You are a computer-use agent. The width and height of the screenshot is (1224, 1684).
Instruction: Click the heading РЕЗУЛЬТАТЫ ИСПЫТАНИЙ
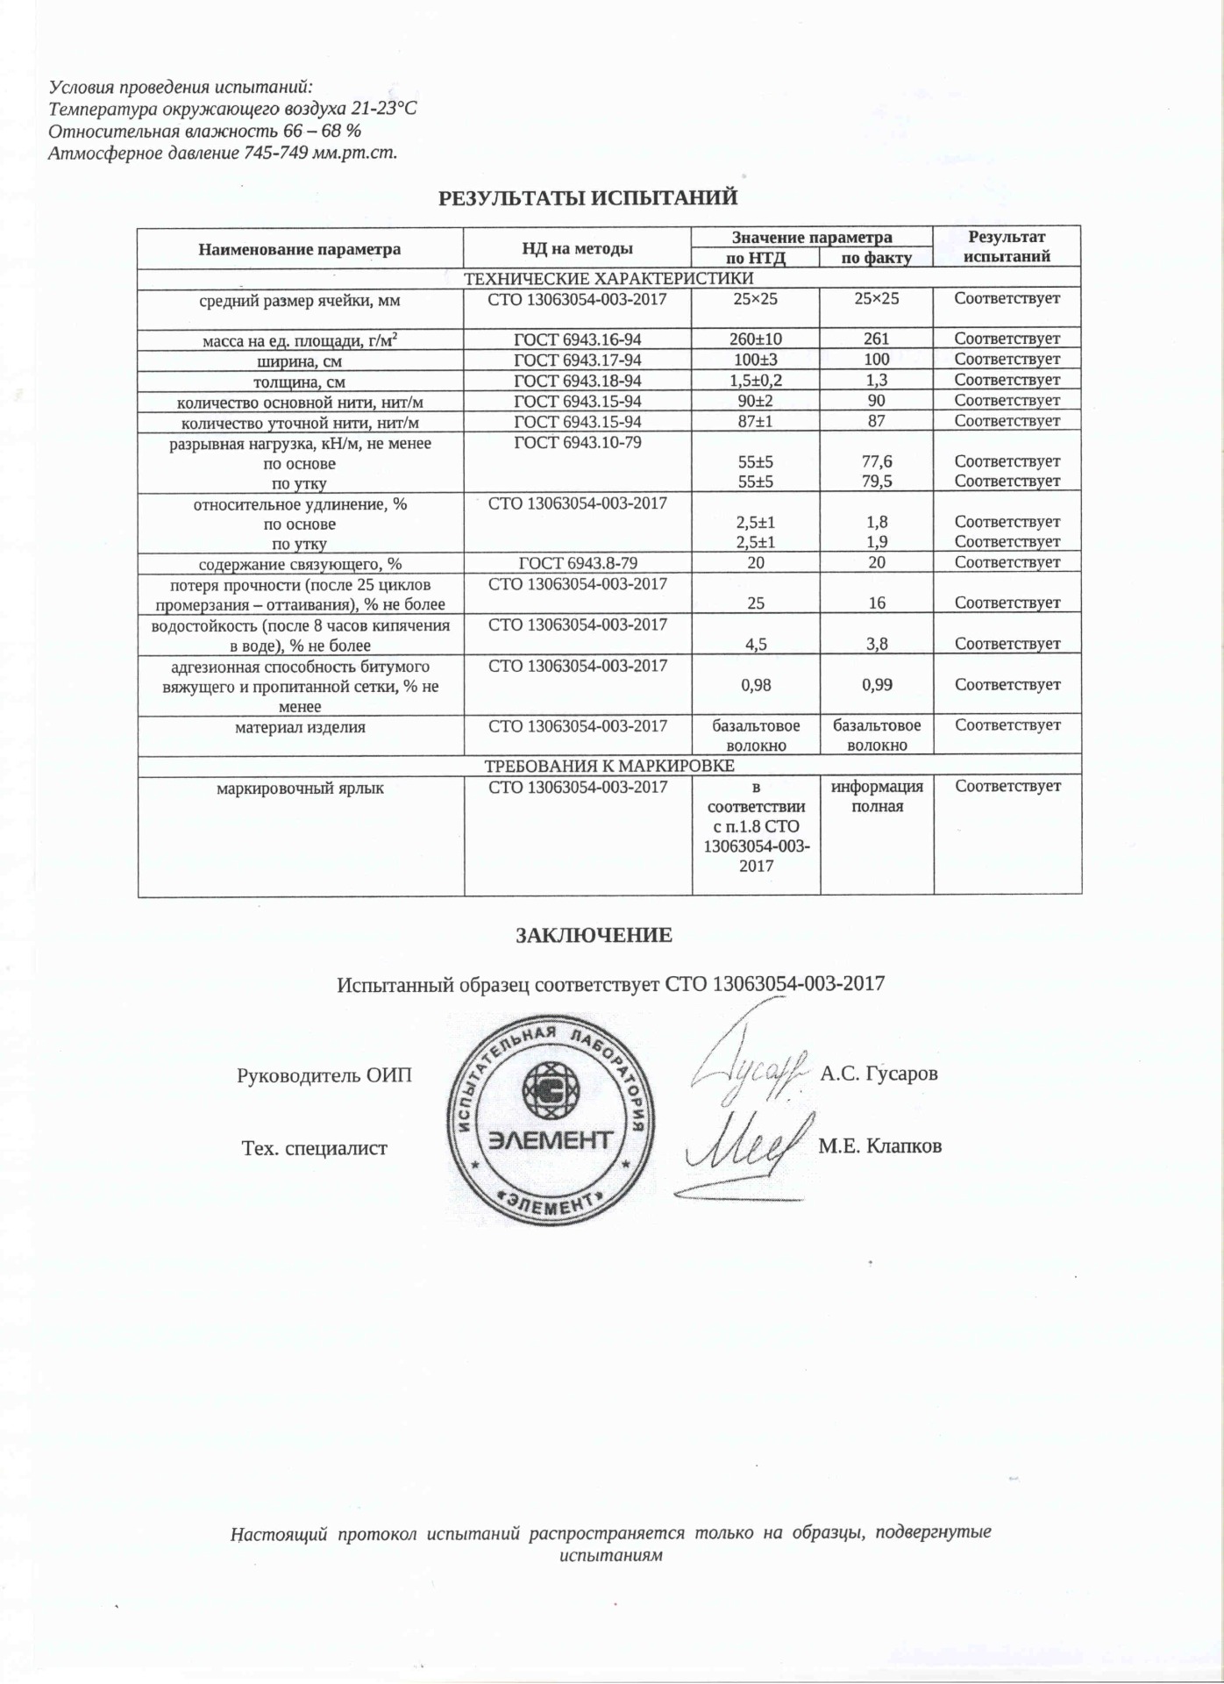click(587, 198)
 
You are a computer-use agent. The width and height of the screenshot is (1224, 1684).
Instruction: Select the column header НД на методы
click(577, 249)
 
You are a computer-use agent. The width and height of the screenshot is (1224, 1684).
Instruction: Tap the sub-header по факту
click(876, 258)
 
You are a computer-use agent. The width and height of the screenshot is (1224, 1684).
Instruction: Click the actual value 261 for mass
click(876, 339)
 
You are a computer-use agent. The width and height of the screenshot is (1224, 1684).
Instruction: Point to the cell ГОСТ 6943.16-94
click(577, 339)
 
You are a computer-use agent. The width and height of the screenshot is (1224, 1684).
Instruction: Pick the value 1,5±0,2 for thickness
click(756, 380)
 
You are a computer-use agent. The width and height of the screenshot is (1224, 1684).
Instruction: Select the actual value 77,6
click(876, 461)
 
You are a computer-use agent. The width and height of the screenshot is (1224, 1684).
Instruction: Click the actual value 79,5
click(876, 482)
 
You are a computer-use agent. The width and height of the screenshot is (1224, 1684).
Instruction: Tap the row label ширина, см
click(300, 360)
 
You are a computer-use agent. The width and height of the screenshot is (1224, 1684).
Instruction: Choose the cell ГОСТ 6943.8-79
click(577, 562)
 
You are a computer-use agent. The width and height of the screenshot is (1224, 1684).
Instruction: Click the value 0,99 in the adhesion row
click(876, 685)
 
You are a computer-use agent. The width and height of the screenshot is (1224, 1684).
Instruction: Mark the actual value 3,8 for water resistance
click(876, 644)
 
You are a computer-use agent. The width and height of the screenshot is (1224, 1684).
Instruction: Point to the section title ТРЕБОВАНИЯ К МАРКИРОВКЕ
click(609, 766)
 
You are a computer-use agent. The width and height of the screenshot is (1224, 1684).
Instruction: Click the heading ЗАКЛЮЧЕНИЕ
click(594, 935)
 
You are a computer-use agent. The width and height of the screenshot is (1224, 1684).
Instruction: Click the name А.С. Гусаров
click(879, 1074)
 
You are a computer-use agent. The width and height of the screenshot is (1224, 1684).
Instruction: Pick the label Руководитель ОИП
click(324, 1075)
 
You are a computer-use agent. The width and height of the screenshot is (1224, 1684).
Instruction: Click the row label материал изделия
click(300, 727)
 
